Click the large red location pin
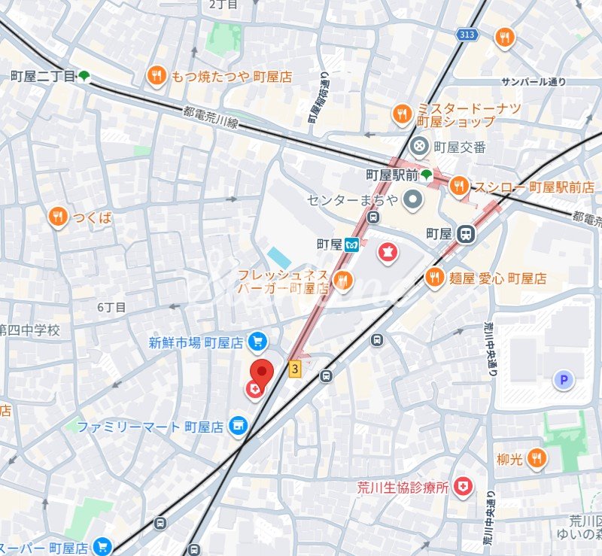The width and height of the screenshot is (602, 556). click(x=261, y=371)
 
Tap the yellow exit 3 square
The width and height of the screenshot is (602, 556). click(x=295, y=369)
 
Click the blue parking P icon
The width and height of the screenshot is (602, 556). click(x=563, y=381)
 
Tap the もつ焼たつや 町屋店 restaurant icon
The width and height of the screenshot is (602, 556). click(x=157, y=75)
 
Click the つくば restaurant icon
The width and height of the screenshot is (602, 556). click(x=57, y=217)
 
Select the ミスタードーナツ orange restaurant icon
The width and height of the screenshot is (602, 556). click(x=402, y=114)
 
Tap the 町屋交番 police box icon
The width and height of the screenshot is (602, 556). click(x=420, y=146)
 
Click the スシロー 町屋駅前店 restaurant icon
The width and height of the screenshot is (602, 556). click(x=458, y=186)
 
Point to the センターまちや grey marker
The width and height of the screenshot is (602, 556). click(x=412, y=200)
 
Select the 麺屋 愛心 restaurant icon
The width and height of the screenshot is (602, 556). click(x=434, y=278)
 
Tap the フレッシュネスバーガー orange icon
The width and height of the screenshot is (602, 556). click(x=343, y=281)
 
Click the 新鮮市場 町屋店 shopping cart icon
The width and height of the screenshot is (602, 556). click(x=257, y=342)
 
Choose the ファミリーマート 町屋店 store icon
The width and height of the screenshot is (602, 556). click(x=239, y=427)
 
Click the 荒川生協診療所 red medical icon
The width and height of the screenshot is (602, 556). click(x=464, y=488)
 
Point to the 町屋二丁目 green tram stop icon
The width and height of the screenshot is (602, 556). click(x=84, y=76)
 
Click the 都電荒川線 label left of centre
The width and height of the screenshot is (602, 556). click(x=210, y=117)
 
